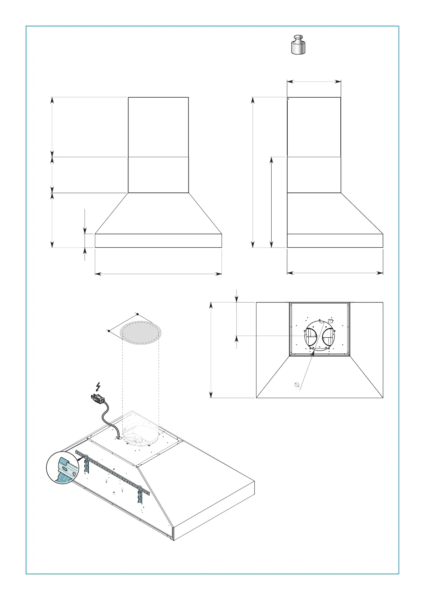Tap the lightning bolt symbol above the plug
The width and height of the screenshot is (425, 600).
point(98,387)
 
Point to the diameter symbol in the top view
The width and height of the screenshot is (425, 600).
point(296,384)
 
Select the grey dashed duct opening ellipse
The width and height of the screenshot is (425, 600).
point(141,333)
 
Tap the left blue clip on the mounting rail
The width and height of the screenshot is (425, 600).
point(86,463)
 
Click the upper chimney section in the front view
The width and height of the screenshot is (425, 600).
point(158,127)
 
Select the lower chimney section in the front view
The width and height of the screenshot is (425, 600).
point(158,175)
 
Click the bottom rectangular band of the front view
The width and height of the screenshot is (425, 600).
point(158,240)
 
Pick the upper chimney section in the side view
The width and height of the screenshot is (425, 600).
point(314,127)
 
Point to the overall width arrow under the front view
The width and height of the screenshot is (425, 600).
point(158,274)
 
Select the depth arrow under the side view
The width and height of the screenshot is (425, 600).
point(335,273)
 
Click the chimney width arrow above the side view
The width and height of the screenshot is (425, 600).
point(314,82)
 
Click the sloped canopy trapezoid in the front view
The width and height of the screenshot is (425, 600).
point(158,213)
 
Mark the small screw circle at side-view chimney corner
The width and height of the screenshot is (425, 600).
point(288,99)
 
